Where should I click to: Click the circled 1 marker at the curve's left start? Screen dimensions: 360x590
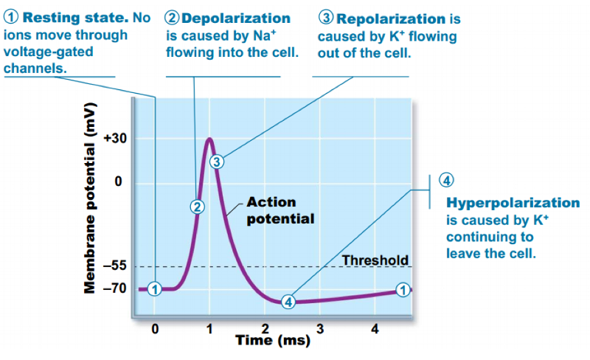click(x=155, y=288)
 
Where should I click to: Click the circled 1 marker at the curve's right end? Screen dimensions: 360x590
click(x=403, y=289)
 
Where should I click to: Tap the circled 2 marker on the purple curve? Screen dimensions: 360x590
click(x=196, y=207)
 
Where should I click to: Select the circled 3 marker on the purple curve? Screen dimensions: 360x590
click(x=215, y=162)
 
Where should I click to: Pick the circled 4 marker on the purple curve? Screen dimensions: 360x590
click(x=288, y=302)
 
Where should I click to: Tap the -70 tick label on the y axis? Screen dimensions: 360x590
click(x=117, y=289)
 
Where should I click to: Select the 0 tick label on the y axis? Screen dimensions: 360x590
click(x=118, y=182)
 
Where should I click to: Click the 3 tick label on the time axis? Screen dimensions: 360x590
click(x=320, y=328)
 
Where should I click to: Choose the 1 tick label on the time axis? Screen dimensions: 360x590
click(x=209, y=328)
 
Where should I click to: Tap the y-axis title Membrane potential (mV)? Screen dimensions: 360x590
click(x=91, y=208)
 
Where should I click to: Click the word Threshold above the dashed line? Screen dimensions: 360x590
click(x=375, y=260)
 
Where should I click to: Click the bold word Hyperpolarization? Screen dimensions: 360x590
click(x=513, y=202)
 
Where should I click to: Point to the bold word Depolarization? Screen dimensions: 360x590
click(x=235, y=18)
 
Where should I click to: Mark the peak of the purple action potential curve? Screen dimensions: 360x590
click(x=209, y=139)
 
